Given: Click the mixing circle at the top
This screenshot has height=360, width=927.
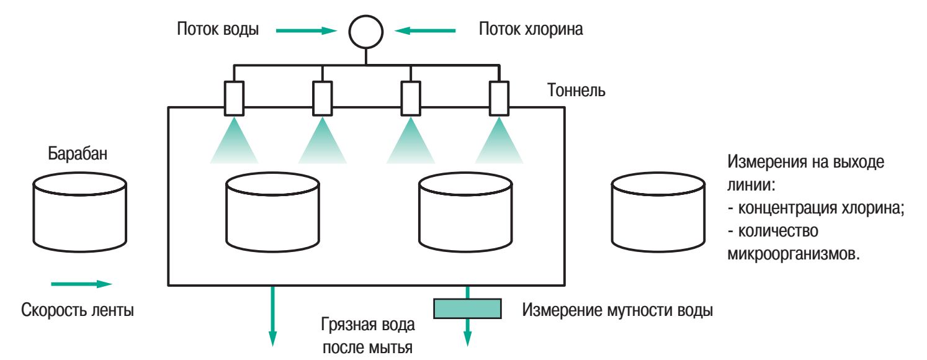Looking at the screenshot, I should click(x=366, y=31).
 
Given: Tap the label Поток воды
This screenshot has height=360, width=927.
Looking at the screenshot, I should click(x=218, y=29).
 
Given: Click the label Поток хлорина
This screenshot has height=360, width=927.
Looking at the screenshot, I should click(x=531, y=29).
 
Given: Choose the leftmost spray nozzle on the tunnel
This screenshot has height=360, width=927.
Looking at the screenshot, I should click(x=234, y=97).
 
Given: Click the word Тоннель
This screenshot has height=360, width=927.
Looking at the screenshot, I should click(x=576, y=91).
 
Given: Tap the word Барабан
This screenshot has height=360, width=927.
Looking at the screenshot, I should click(x=78, y=154).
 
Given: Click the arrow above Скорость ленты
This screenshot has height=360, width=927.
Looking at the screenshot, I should click(x=81, y=284).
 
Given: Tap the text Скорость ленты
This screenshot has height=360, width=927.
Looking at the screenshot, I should click(x=77, y=309).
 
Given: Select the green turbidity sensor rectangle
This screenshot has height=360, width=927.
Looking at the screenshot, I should click(x=467, y=307).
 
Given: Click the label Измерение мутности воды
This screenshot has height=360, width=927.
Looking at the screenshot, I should click(x=617, y=309).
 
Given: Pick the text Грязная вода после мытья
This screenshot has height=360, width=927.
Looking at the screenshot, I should click(x=368, y=335).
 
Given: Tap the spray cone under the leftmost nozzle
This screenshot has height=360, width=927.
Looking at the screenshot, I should click(x=234, y=143).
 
